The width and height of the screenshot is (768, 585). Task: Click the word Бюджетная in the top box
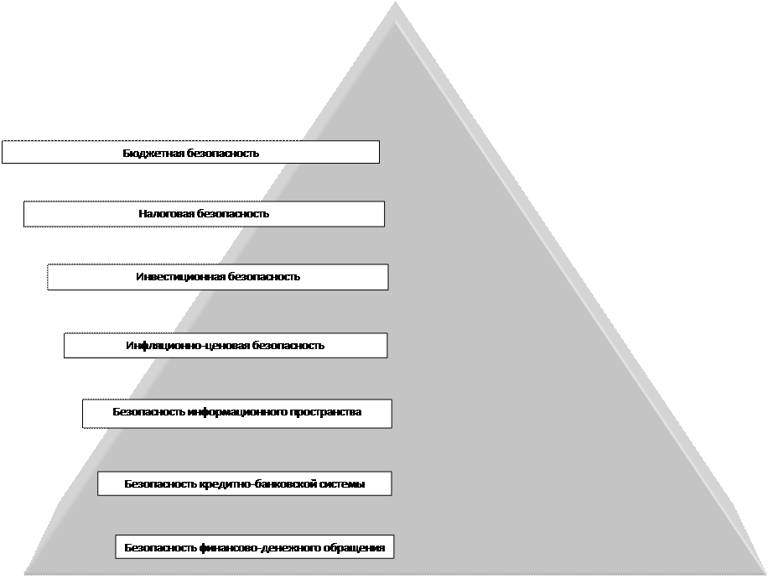147,154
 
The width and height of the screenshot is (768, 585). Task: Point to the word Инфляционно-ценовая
174,346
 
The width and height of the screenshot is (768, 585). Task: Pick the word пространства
325,413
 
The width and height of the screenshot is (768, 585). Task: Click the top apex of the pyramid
395,5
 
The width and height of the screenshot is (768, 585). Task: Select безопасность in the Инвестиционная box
264,277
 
